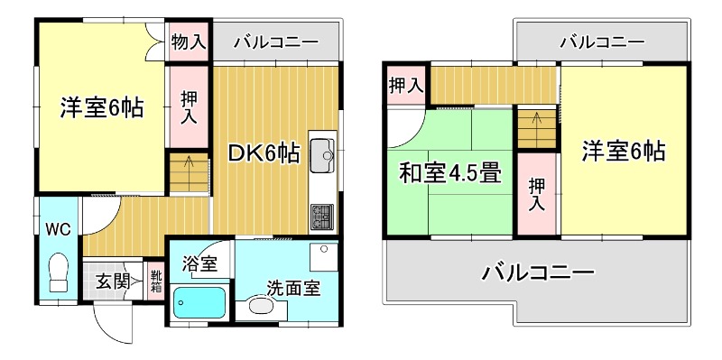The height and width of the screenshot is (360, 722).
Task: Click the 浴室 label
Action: (x=199, y=264)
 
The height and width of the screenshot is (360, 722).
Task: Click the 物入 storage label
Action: (x=190, y=41)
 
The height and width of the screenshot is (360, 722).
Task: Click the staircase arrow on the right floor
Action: (x=535, y=118)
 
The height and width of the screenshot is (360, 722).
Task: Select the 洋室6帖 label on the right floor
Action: (x=623, y=151)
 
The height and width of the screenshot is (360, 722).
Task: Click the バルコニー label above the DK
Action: (x=275, y=41)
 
